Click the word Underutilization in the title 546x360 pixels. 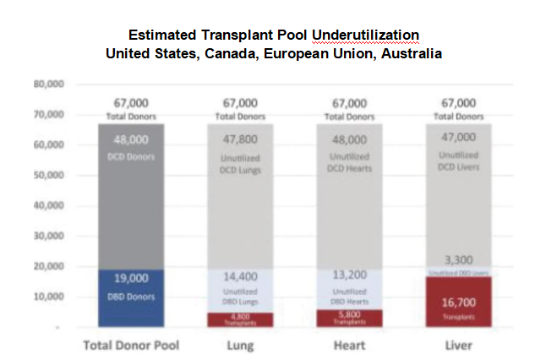pos(365,35)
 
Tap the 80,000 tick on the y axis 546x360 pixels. pos(49,84)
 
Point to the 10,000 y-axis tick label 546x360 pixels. pos(49,296)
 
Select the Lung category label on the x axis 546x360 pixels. pos(241,345)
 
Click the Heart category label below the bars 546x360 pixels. pos(349,345)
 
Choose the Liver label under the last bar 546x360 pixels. pos(458,345)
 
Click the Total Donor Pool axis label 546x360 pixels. pos(131,345)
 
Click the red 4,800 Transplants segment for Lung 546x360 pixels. pos(241,319)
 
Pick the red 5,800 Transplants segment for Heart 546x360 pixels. pos(349,317)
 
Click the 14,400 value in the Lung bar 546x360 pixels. pos(241,275)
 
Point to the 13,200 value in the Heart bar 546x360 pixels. pos(349,275)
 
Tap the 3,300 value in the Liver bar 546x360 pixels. pos(458,260)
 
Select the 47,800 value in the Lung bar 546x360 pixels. pos(241,140)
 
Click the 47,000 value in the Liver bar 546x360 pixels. pos(458,139)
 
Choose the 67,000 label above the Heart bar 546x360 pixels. pos(349,102)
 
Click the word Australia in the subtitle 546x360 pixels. pos(410,53)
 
